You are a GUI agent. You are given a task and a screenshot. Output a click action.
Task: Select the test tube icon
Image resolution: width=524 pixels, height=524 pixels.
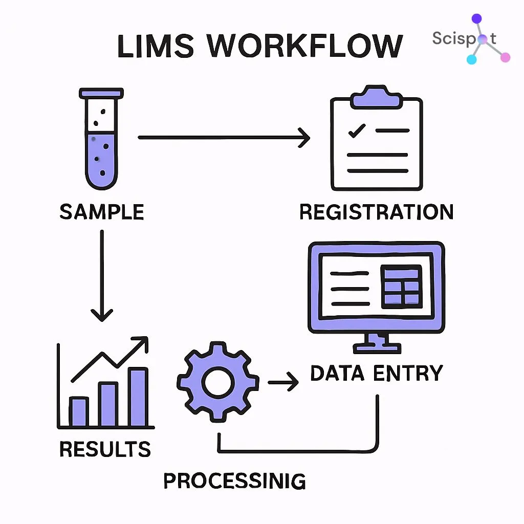101,138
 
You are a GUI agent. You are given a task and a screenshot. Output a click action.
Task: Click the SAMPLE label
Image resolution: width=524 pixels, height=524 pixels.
101,212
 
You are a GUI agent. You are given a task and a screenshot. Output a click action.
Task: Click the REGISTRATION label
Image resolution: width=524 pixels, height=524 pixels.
376,212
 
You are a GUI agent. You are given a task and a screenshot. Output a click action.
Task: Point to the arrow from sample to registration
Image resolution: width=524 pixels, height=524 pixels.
224,137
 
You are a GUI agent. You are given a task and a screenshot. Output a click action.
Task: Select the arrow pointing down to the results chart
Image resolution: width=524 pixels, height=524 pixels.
101,276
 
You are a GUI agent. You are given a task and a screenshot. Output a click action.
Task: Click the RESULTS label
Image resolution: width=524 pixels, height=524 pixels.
105,449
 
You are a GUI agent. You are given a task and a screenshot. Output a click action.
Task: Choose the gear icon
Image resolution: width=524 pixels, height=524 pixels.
217,381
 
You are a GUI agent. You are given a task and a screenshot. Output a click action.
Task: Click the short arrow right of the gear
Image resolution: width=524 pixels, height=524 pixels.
283,381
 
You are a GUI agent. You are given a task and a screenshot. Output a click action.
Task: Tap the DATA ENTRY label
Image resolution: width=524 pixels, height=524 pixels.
376,373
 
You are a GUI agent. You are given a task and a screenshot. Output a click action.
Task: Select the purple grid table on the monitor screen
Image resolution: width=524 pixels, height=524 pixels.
402,286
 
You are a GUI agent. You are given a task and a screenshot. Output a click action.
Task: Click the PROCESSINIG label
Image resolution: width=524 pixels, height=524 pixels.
234,481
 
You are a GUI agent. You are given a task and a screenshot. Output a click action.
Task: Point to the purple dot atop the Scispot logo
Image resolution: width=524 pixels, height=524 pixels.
476,19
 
